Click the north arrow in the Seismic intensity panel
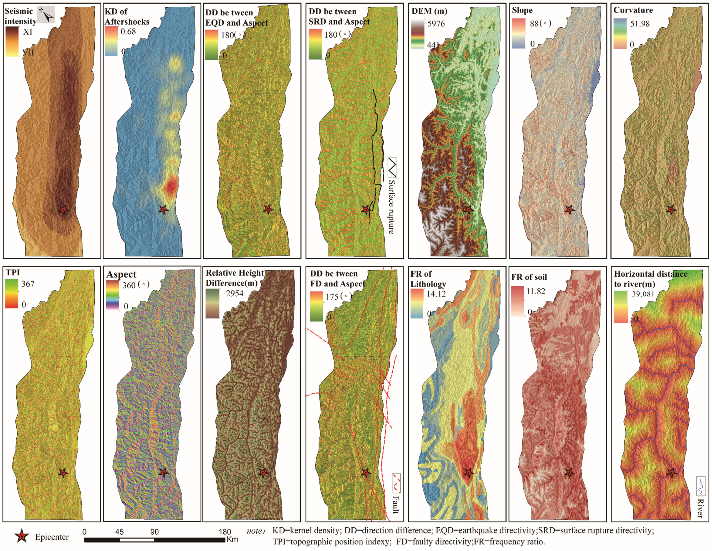tap(46, 14)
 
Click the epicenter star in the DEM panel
tap(469, 210)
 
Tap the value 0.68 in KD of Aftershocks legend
tap(128, 32)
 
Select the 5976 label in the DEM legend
tap(436, 24)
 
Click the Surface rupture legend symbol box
tap(392, 167)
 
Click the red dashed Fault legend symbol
tap(396, 483)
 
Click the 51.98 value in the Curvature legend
tap(640, 24)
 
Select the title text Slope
tap(522, 10)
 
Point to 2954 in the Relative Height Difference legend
tap(234, 294)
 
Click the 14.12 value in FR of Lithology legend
tap(436, 294)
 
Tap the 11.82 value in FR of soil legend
tap(536, 291)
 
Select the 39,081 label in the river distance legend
tap(643, 294)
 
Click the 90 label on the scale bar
tap(154, 532)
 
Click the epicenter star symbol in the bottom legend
tap(22, 536)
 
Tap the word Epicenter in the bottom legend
tap(52, 537)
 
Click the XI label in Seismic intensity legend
tap(27, 32)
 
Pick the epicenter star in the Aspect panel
tap(163, 472)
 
